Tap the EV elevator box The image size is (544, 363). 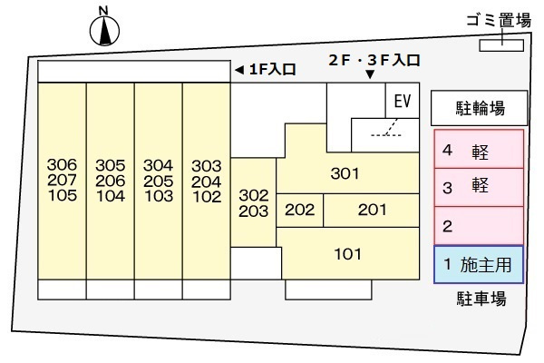(x=403, y=101)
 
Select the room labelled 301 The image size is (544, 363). (x=345, y=173)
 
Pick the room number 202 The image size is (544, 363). (x=300, y=210)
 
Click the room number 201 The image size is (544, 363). (x=373, y=210)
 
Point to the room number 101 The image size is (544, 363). (x=348, y=254)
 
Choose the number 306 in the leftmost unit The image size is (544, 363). (x=62, y=164)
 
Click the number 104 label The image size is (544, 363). (x=111, y=196)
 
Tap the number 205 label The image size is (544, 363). (x=158, y=181)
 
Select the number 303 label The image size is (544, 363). (x=207, y=166)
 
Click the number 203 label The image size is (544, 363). (x=254, y=211)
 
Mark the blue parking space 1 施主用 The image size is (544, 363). (x=479, y=265)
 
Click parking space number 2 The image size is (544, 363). (x=479, y=226)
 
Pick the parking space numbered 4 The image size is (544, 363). (x=479, y=149)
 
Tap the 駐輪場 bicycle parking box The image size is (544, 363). (x=480, y=108)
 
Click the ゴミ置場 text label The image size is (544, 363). (x=499, y=21)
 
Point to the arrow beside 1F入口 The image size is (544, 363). (x=239, y=70)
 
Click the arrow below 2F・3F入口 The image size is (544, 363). (x=370, y=74)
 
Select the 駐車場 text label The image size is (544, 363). (x=481, y=299)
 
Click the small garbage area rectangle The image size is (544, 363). (x=501, y=45)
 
